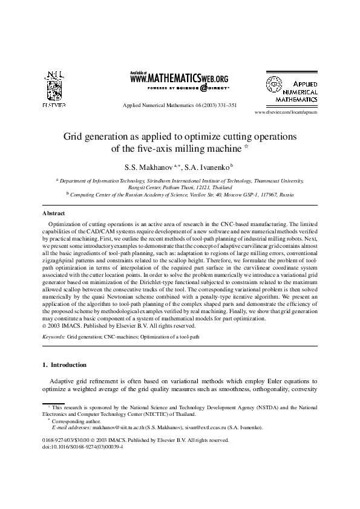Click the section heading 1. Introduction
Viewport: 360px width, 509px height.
pos(65,365)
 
